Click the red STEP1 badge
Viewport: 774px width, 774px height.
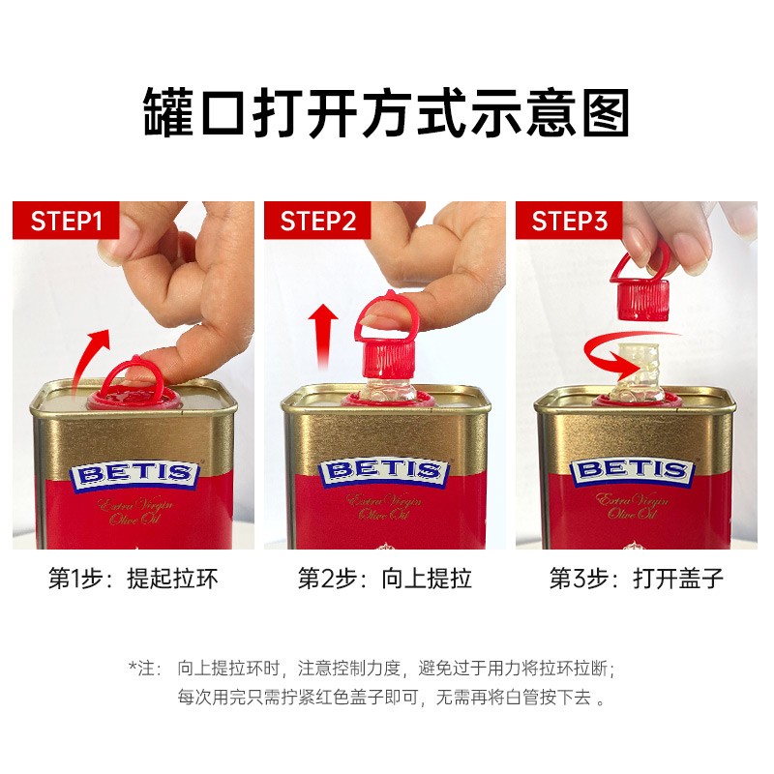[66, 221]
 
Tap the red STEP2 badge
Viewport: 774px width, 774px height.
[317, 221]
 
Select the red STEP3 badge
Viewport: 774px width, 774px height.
[569, 221]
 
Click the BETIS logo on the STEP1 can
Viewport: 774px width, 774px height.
[134, 475]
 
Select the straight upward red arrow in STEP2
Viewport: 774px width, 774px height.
[323, 337]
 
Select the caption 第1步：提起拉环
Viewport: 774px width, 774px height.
[134, 579]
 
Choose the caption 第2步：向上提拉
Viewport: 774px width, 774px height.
[385, 579]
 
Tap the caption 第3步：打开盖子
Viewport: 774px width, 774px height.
[637, 579]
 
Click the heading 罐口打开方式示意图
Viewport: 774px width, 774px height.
[386, 112]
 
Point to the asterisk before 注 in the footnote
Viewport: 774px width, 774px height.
[133, 665]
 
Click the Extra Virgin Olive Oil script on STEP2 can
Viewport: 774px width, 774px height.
[384, 508]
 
